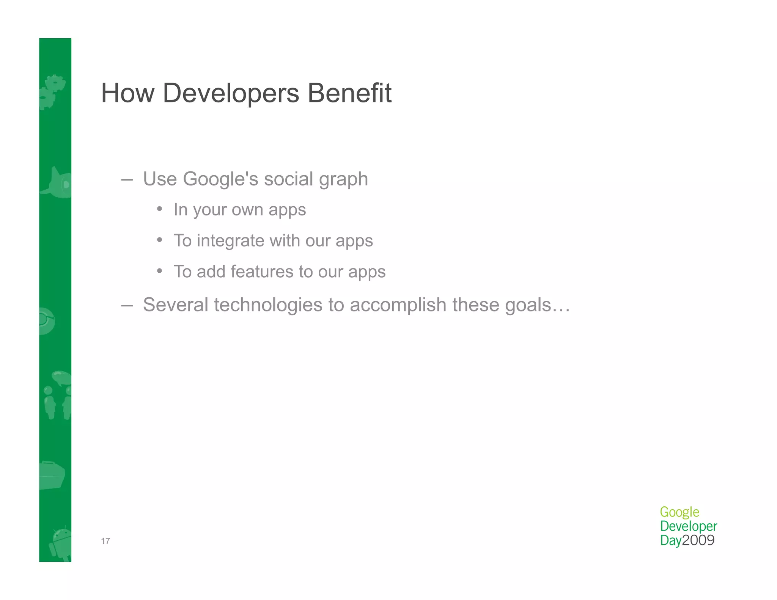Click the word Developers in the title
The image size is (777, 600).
[x=231, y=93]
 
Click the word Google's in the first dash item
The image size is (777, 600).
[x=220, y=179]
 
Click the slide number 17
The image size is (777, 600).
[x=105, y=541]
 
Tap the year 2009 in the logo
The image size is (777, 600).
[x=698, y=540]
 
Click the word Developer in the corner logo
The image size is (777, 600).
[x=689, y=526]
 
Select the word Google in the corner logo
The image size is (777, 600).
[x=679, y=512]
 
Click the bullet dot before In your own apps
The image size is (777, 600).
[x=160, y=209]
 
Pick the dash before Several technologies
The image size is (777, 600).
[x=127, y=305]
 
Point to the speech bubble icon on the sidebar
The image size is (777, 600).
[x=61, y=378]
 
